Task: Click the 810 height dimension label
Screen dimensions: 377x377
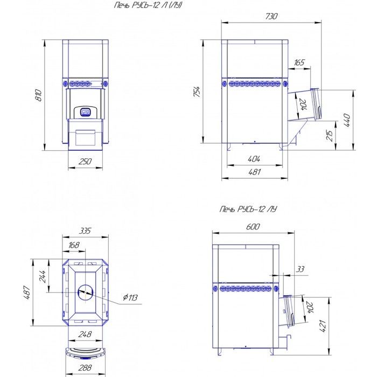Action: coord(39,95)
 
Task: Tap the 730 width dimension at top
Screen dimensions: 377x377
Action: coord(271,16)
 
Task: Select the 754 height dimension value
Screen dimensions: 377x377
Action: coord(197,92)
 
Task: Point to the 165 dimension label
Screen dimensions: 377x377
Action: coord(299,62)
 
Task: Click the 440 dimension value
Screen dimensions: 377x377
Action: coord(347,120)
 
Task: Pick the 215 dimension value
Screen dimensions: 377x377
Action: coord(330,135)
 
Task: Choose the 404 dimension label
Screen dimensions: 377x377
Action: coord(254,159)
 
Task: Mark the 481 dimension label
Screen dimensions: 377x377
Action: coord(254,172)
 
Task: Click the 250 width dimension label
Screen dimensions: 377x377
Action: coord(85,161)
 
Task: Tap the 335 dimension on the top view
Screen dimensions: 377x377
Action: coord(85,231)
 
